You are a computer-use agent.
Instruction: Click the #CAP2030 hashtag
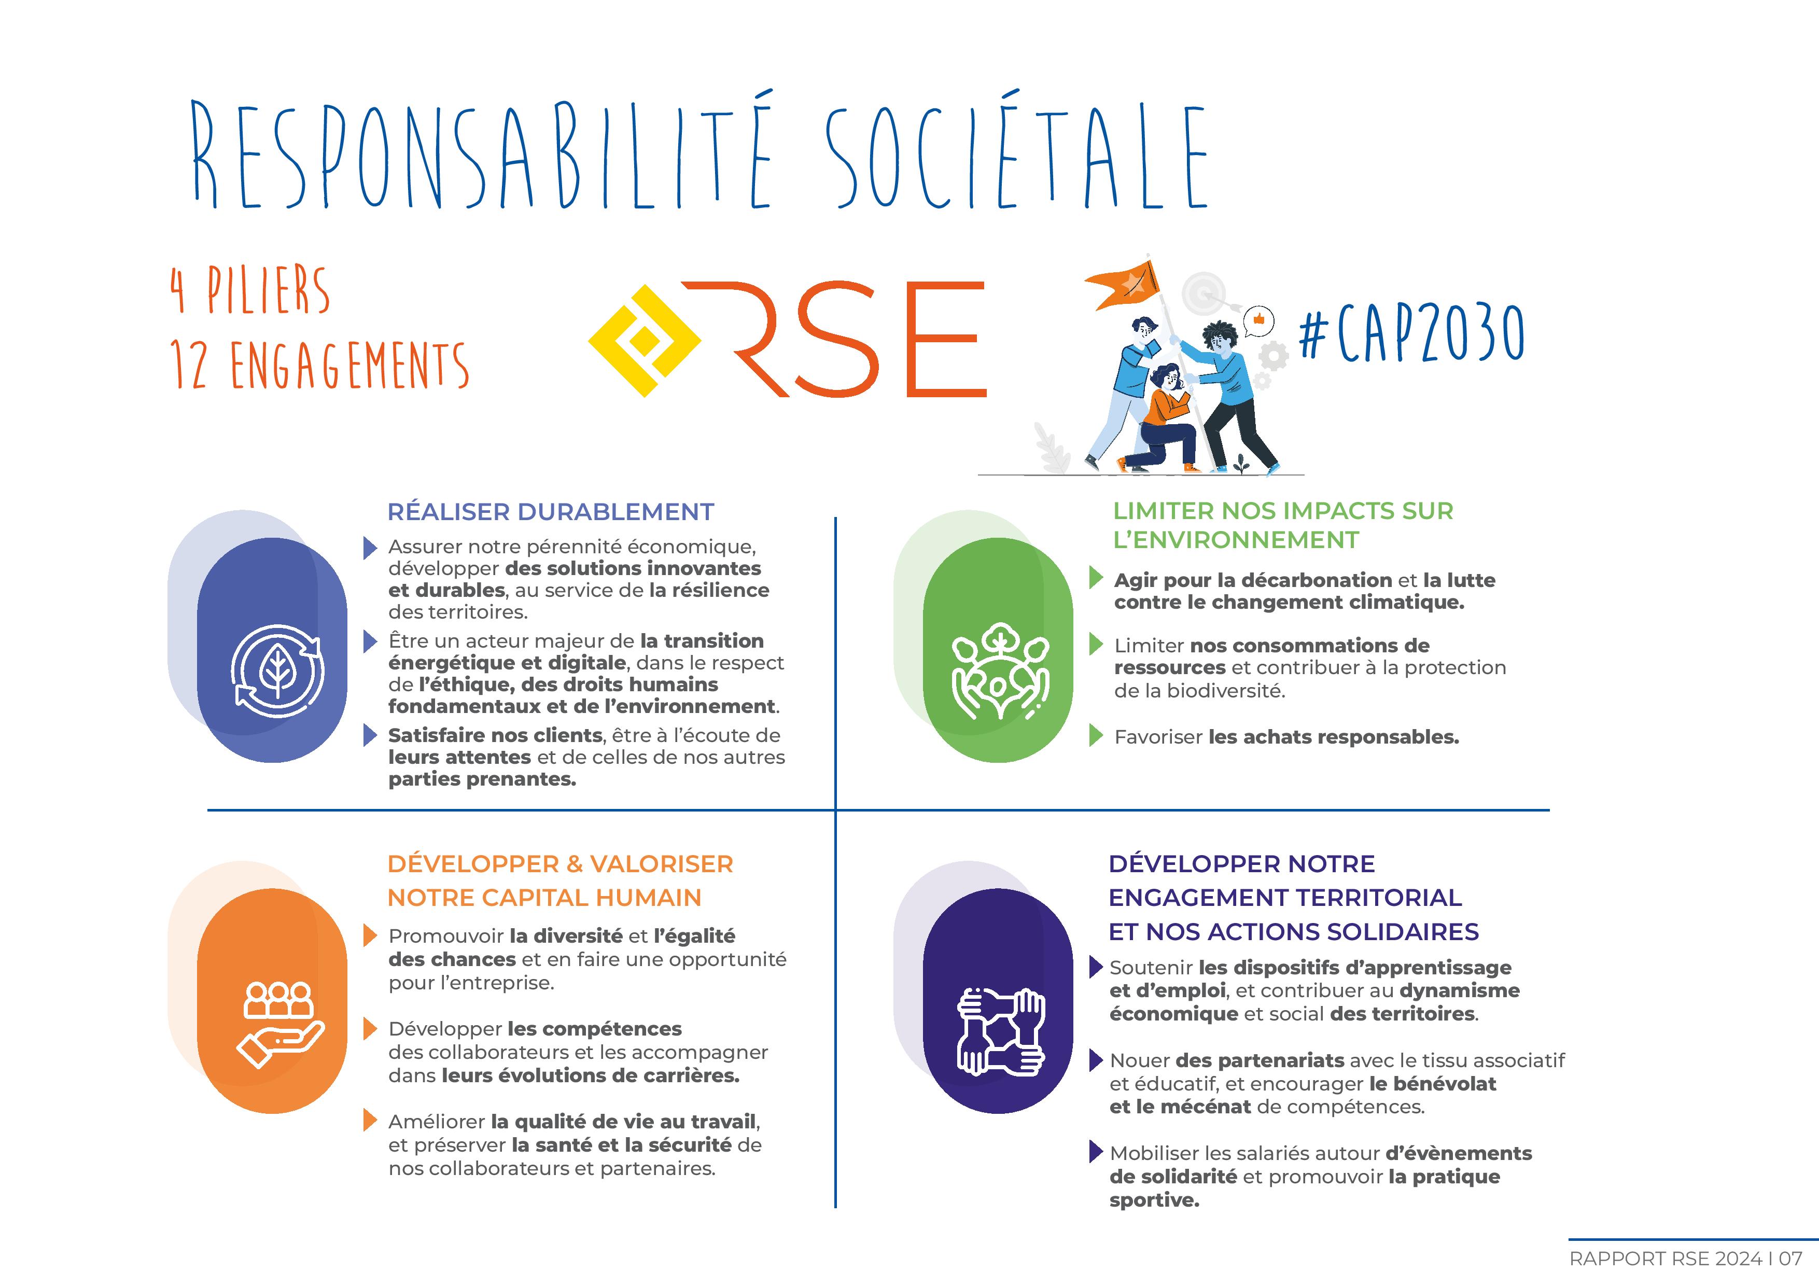1411,333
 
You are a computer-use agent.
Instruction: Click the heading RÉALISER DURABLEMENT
551,512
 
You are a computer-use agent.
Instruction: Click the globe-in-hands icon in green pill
1000,672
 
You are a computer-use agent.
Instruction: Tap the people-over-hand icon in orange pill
279,1024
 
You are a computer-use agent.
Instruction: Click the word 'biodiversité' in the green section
1238,690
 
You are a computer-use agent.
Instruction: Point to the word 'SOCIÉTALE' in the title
1016,158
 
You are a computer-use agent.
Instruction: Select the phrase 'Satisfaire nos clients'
495,735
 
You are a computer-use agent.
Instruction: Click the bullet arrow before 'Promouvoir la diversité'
369,936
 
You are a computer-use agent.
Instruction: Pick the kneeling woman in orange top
1165,420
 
